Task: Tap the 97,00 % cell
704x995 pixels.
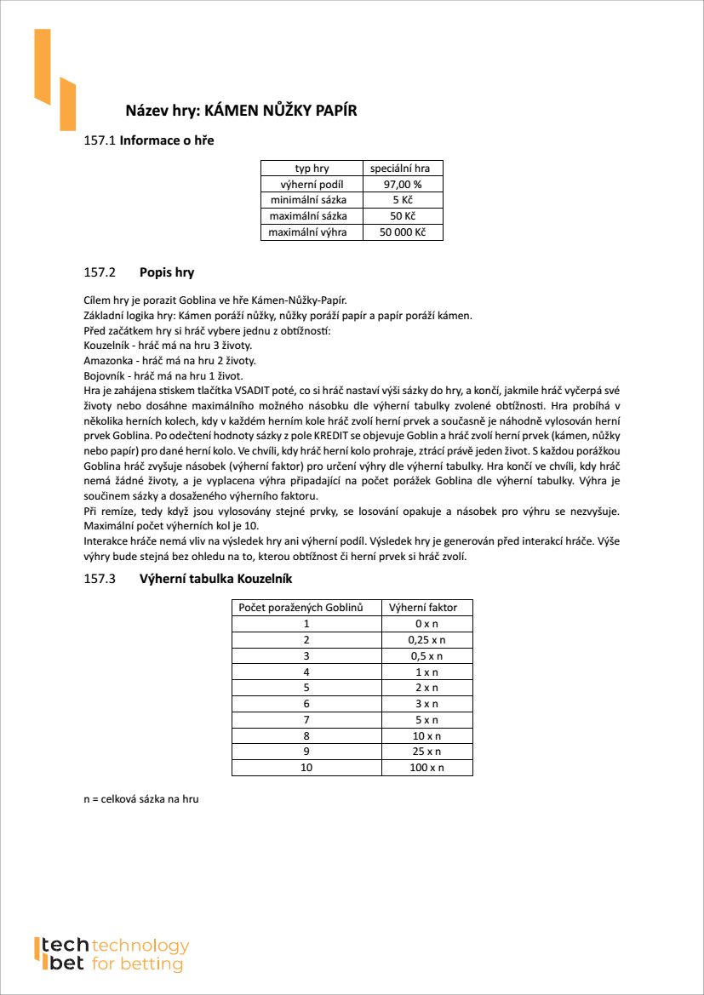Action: (x=403, y=184)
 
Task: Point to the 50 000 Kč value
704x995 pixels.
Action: (x=403, y=232)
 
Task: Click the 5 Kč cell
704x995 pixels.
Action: (x=403, y=200)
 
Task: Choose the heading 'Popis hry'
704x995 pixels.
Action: (x=167, y=273)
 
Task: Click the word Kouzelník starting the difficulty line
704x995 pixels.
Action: (x=106, y=346)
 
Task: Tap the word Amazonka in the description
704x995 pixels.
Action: (x=106, y=360)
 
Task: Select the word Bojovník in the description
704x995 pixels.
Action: (x=104, y=375)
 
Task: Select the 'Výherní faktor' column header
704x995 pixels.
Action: (x=423, y=608)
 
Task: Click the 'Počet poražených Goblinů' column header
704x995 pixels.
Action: (x=300, y=608)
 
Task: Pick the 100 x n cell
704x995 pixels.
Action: (x=426, y=768)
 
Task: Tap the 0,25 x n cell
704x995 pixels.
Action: (x=426, y=640)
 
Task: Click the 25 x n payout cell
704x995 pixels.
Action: (x=426, y=752)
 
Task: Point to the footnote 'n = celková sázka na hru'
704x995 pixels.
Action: (x=140, y=799)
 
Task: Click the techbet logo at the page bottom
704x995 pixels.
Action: (x=112, y=954)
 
